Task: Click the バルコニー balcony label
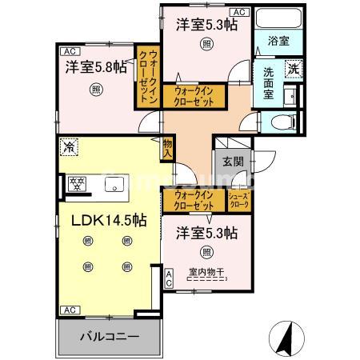[x=108, y=336]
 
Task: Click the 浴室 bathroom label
[x=277, y=39]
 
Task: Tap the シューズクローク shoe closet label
[x=240, y=200]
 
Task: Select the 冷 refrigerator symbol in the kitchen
[x=70, y=147]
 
